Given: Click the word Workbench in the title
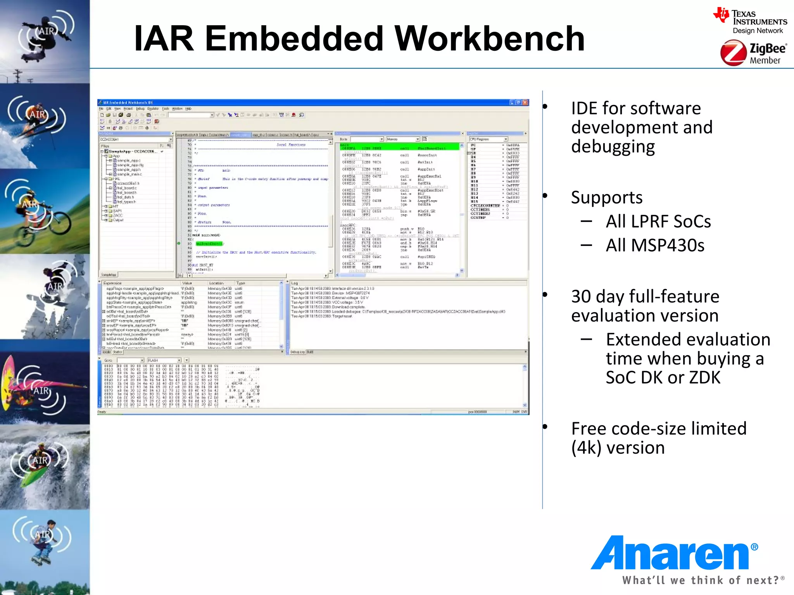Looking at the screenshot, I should click(489, 39).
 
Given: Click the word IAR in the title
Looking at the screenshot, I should click(164, 39).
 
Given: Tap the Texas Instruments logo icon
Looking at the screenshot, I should click(721, 15).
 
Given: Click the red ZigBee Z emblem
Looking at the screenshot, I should click(733, 53).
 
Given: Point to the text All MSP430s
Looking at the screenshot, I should click(655, 246).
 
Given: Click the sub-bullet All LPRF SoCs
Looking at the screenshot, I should click(658, 222).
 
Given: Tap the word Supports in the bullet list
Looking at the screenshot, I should click(607, 198).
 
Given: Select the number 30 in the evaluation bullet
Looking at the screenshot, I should click(580, 297).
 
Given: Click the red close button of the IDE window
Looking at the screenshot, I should click(525, 103).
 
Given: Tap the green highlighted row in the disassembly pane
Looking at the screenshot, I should click(399, 147).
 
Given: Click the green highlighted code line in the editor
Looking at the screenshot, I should click(209, 244).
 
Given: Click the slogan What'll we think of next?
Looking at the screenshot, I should click(700, 580).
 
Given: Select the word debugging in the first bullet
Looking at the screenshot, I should click(613, 147).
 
